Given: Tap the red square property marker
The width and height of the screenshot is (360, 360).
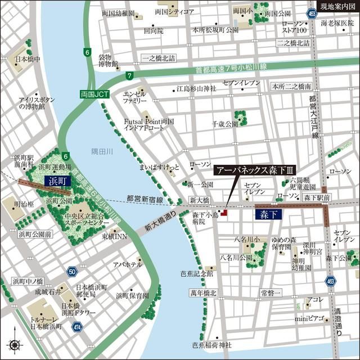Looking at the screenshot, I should pyautogui.click(x=223, y=213).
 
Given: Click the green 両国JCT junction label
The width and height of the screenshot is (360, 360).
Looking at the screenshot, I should pyautogui.click(x=93, y=95).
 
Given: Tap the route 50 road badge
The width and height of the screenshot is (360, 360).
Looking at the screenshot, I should pyautogui.click(x=72, y=272).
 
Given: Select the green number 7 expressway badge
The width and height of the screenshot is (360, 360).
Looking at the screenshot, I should pyautogui.click(x=130, y=75).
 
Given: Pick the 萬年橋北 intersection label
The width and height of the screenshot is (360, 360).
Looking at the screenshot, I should pyautogui.click(x=203, y=293).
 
